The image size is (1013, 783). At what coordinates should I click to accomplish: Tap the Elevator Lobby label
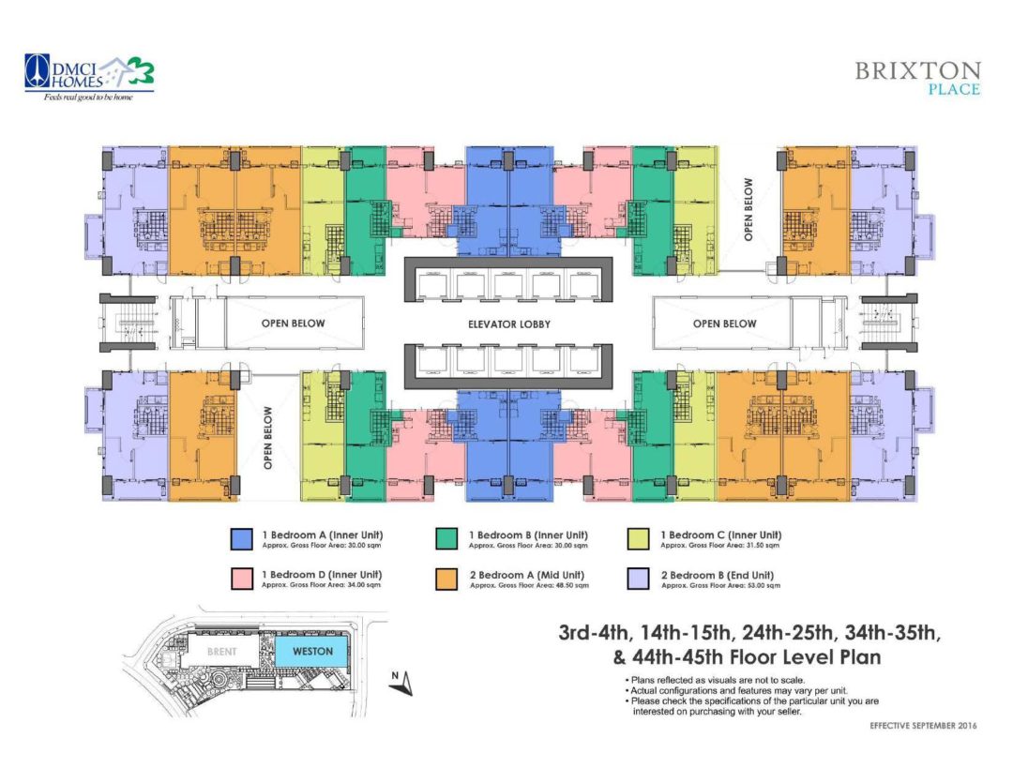508,324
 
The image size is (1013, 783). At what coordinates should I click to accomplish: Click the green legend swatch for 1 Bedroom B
447,538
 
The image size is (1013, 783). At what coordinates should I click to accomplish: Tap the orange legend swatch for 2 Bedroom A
447,578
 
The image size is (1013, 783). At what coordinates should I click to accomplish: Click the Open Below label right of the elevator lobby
725,324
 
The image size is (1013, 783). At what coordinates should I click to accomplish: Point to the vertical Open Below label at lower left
268,436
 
